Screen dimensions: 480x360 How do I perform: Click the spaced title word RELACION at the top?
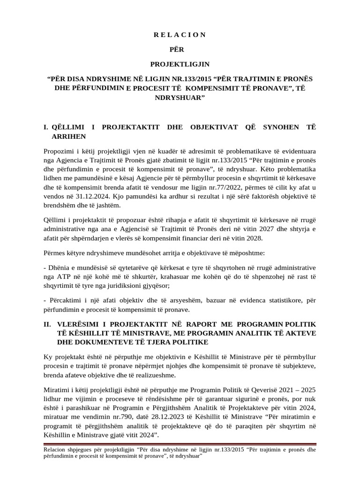pos(180,35)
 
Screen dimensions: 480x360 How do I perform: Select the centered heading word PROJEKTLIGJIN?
pos(180,63)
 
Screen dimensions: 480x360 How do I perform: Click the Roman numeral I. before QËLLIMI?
pos(45,127)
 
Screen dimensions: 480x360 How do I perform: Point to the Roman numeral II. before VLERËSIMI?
pos(47,324)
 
